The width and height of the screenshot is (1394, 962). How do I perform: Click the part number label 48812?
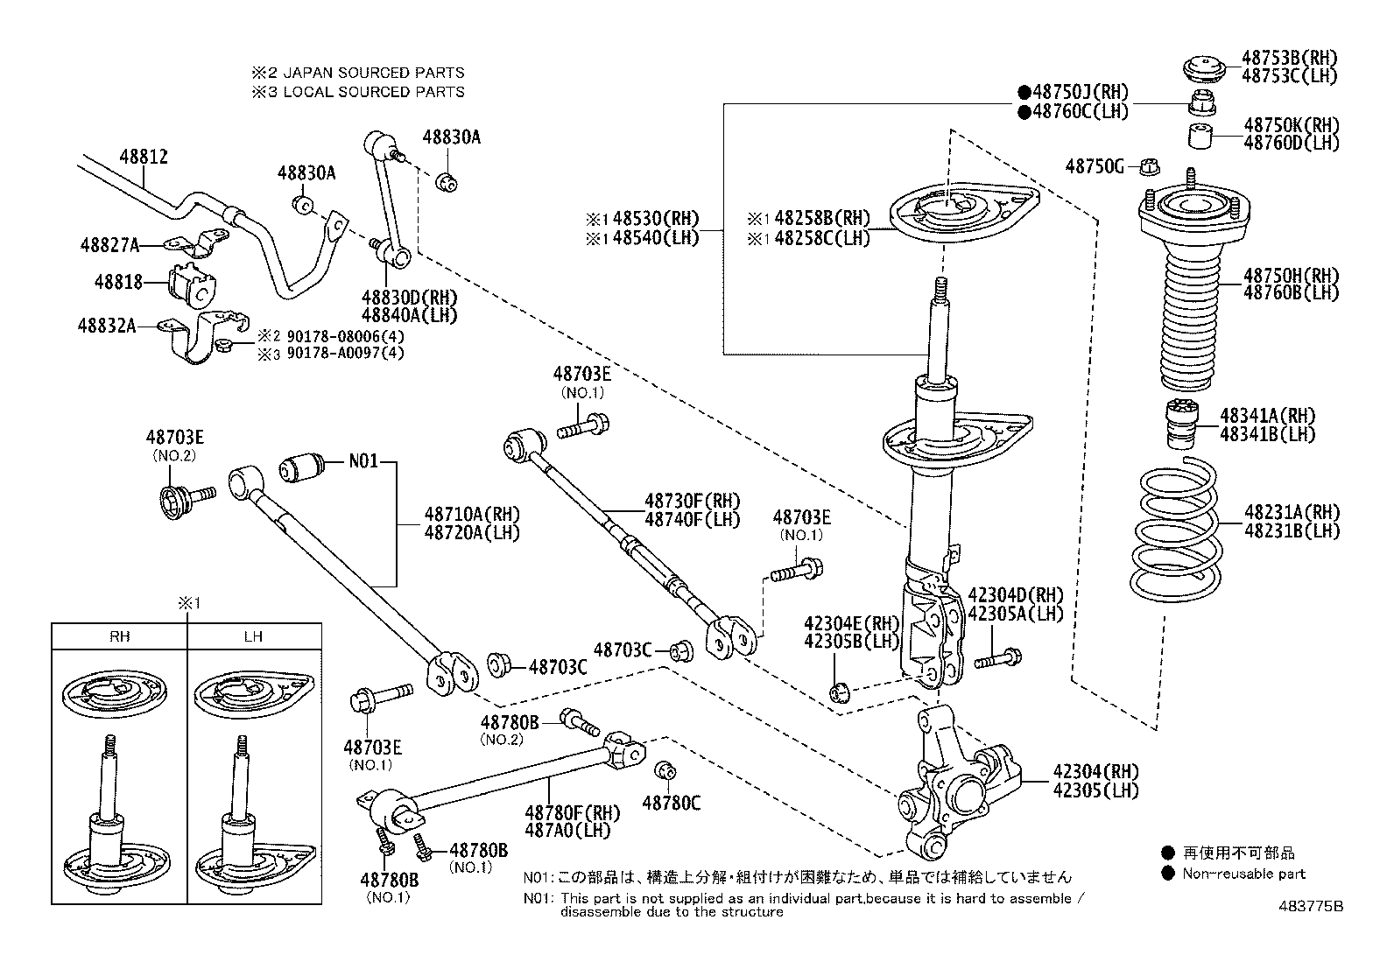pos(144,157)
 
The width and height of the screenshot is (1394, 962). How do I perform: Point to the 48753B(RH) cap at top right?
pos(1201,68)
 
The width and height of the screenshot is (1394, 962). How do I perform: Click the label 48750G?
pos(1095,166)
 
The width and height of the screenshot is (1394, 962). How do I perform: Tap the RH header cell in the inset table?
pos(120,636)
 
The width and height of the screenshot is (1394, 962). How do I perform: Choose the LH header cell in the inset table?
pos(253,636)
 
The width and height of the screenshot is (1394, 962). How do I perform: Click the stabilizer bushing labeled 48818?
pos(190,284)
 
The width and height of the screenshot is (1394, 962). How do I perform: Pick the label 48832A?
pos(106,326)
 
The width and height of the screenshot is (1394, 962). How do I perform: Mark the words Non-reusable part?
pos(1243,873)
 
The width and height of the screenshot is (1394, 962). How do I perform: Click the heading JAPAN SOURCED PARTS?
pos(373,73)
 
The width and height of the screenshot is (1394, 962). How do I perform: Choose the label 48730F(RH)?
pos(692,502)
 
